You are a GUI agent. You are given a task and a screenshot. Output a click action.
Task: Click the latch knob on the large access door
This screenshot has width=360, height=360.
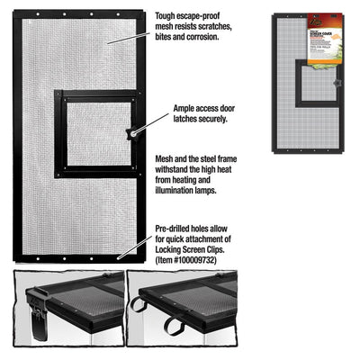point(131,132)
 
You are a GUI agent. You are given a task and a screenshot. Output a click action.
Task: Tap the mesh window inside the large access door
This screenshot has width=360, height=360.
point(97,133)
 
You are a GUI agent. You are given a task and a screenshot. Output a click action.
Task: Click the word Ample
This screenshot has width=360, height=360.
point(185,106)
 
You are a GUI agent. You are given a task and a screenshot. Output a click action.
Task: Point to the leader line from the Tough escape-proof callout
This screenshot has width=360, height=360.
point(139,33)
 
